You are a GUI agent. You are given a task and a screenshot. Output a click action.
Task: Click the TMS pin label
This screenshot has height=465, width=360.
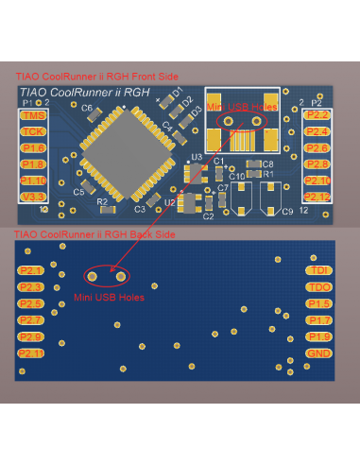coord(32,115)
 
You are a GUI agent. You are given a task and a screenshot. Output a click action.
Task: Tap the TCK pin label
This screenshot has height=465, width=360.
coord(32,131)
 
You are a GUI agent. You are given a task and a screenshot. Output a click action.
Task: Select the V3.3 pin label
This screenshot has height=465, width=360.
coord(32,197)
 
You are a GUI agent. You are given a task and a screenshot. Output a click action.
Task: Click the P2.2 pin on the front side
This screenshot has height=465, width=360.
coord(318,115)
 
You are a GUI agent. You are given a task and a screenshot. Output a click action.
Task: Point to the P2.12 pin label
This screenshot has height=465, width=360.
coord(318,197)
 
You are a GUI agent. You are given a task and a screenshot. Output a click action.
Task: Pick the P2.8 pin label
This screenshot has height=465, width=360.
coord(318,164)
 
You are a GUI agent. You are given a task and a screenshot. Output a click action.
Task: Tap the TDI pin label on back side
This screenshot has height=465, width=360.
coord(318,270)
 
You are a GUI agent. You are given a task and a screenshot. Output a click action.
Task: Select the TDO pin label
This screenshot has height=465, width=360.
coord(318,286)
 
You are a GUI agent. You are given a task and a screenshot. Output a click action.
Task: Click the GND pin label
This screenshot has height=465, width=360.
coord(318,353)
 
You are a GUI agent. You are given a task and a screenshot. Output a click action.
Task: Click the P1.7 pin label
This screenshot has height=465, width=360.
coord(318,320)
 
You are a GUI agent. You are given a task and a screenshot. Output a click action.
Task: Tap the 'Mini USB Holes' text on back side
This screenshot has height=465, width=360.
coord(109,297)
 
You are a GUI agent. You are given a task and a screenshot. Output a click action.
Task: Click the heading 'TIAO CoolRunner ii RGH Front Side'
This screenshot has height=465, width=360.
coord(97,76)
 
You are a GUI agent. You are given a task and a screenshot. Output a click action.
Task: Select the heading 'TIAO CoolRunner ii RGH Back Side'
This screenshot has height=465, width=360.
coord(94,233)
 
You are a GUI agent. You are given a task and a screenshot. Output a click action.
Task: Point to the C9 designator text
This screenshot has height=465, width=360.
coord(286,211)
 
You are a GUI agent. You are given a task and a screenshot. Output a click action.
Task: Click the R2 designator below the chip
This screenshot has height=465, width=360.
coord(102,201)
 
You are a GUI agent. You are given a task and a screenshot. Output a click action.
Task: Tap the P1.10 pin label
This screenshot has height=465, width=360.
coord(32,181)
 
